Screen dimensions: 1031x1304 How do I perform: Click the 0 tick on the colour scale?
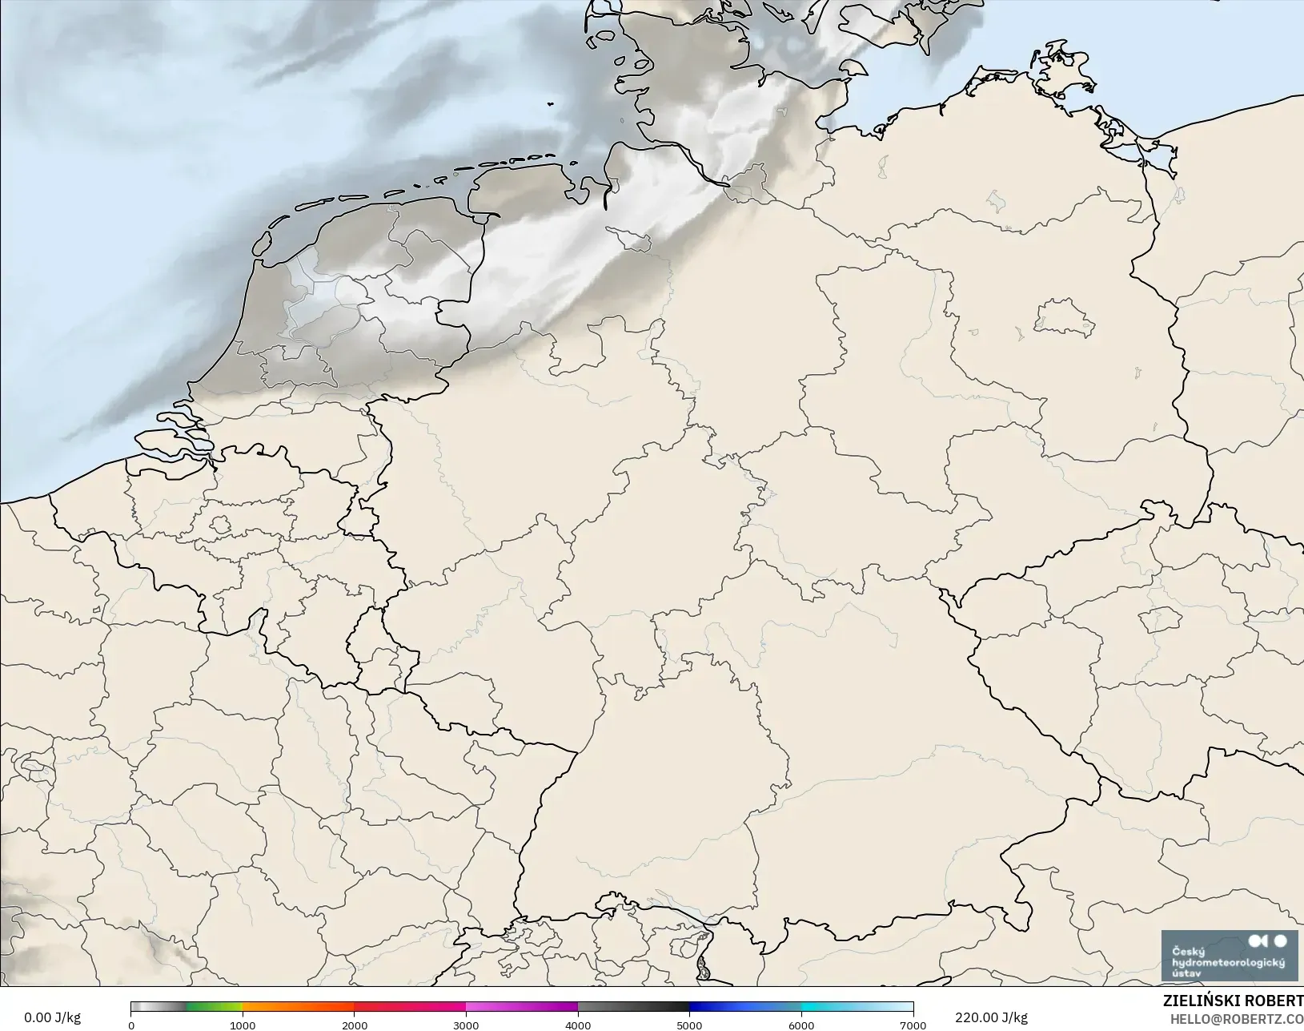click(x=131, y=1025)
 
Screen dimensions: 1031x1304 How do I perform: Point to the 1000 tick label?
click(x=243, y=1025)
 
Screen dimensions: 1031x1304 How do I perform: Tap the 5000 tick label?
click(x=689, y=1025)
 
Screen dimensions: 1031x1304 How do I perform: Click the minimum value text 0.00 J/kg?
click(x=52, y=1017)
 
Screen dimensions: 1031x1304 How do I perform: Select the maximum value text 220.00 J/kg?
click(x=991, y=1017)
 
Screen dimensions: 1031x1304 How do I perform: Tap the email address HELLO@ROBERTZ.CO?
click(x=1237, y=1019)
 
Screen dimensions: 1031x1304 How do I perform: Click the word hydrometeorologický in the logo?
click(x=1228, y=962)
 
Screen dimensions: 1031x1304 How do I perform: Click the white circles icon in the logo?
click(x=1269, y=941)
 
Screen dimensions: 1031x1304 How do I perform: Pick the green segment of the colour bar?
click(x=214, y=1008)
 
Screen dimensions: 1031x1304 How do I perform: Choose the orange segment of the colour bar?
click(x=298, y=1008)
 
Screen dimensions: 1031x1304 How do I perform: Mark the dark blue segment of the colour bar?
click(x=716, y=1008)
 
